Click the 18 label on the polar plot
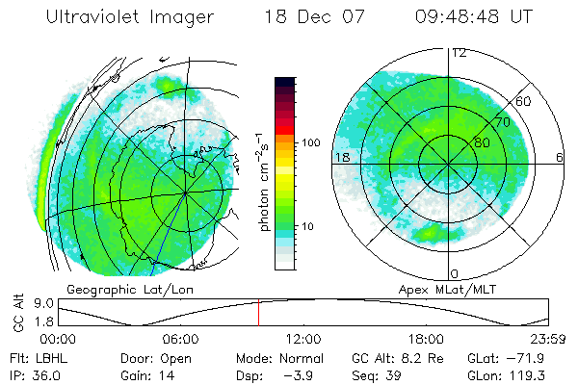[340, 157]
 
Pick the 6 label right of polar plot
[560, 157]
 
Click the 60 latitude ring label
[525, 100]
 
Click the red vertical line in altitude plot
[258, 313]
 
